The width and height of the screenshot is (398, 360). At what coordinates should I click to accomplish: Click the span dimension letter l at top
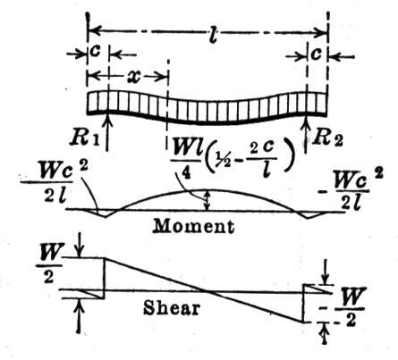pyautogui.click(x=213, y=34)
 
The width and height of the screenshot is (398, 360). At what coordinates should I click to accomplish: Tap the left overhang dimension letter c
pyautogui.click(x=95, y=51)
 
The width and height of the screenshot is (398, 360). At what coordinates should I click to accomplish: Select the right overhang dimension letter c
pyautogui.click(x=317, y=54)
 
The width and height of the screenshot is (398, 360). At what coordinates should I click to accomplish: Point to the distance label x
pyautogui.click(x=134, y=77)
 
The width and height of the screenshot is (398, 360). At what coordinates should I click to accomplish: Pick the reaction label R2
pyautogui.click(x=327, y=138)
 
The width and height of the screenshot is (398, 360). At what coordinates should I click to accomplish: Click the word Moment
pyautogui.click(x=193, y=226)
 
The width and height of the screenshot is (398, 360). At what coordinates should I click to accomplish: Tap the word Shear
pyautogui.click(x=171, y=307)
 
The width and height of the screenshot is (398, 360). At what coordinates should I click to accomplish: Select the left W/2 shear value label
pyautogui.click(x=49, y=264)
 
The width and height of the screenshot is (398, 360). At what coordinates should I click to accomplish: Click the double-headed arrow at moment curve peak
pyautogui.click(x=208, y=200)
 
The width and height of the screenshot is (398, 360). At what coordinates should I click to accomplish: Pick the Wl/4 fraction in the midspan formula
pyautogui.click(x=185, y=158)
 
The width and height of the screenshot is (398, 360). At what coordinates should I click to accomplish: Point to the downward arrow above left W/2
pyautogui.click(x=79, y=246)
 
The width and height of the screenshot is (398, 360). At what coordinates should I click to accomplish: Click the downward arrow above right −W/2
pyautogui.click(x=326, y=272)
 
